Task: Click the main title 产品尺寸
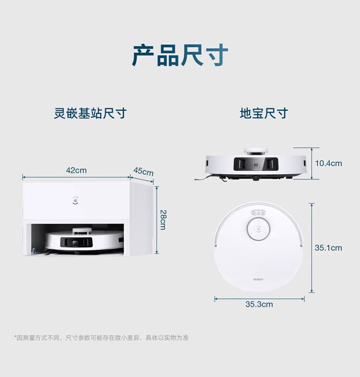point(180,55)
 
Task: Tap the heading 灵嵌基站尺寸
point(90,114)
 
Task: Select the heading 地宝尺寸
point(264,114)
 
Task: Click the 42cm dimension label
point(76,170)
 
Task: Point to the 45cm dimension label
point(143,171)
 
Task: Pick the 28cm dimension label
point(163,219)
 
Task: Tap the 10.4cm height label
point(328,163)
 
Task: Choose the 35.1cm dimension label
point(328,248)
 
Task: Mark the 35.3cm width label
point(259,304)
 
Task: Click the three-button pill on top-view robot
point(258,213)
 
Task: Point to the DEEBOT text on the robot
point(259,279)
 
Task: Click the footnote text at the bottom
point(101,338)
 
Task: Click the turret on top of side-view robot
point(256,151)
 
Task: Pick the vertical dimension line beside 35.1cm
point(312,248)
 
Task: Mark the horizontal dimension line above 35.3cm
point(259,299)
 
